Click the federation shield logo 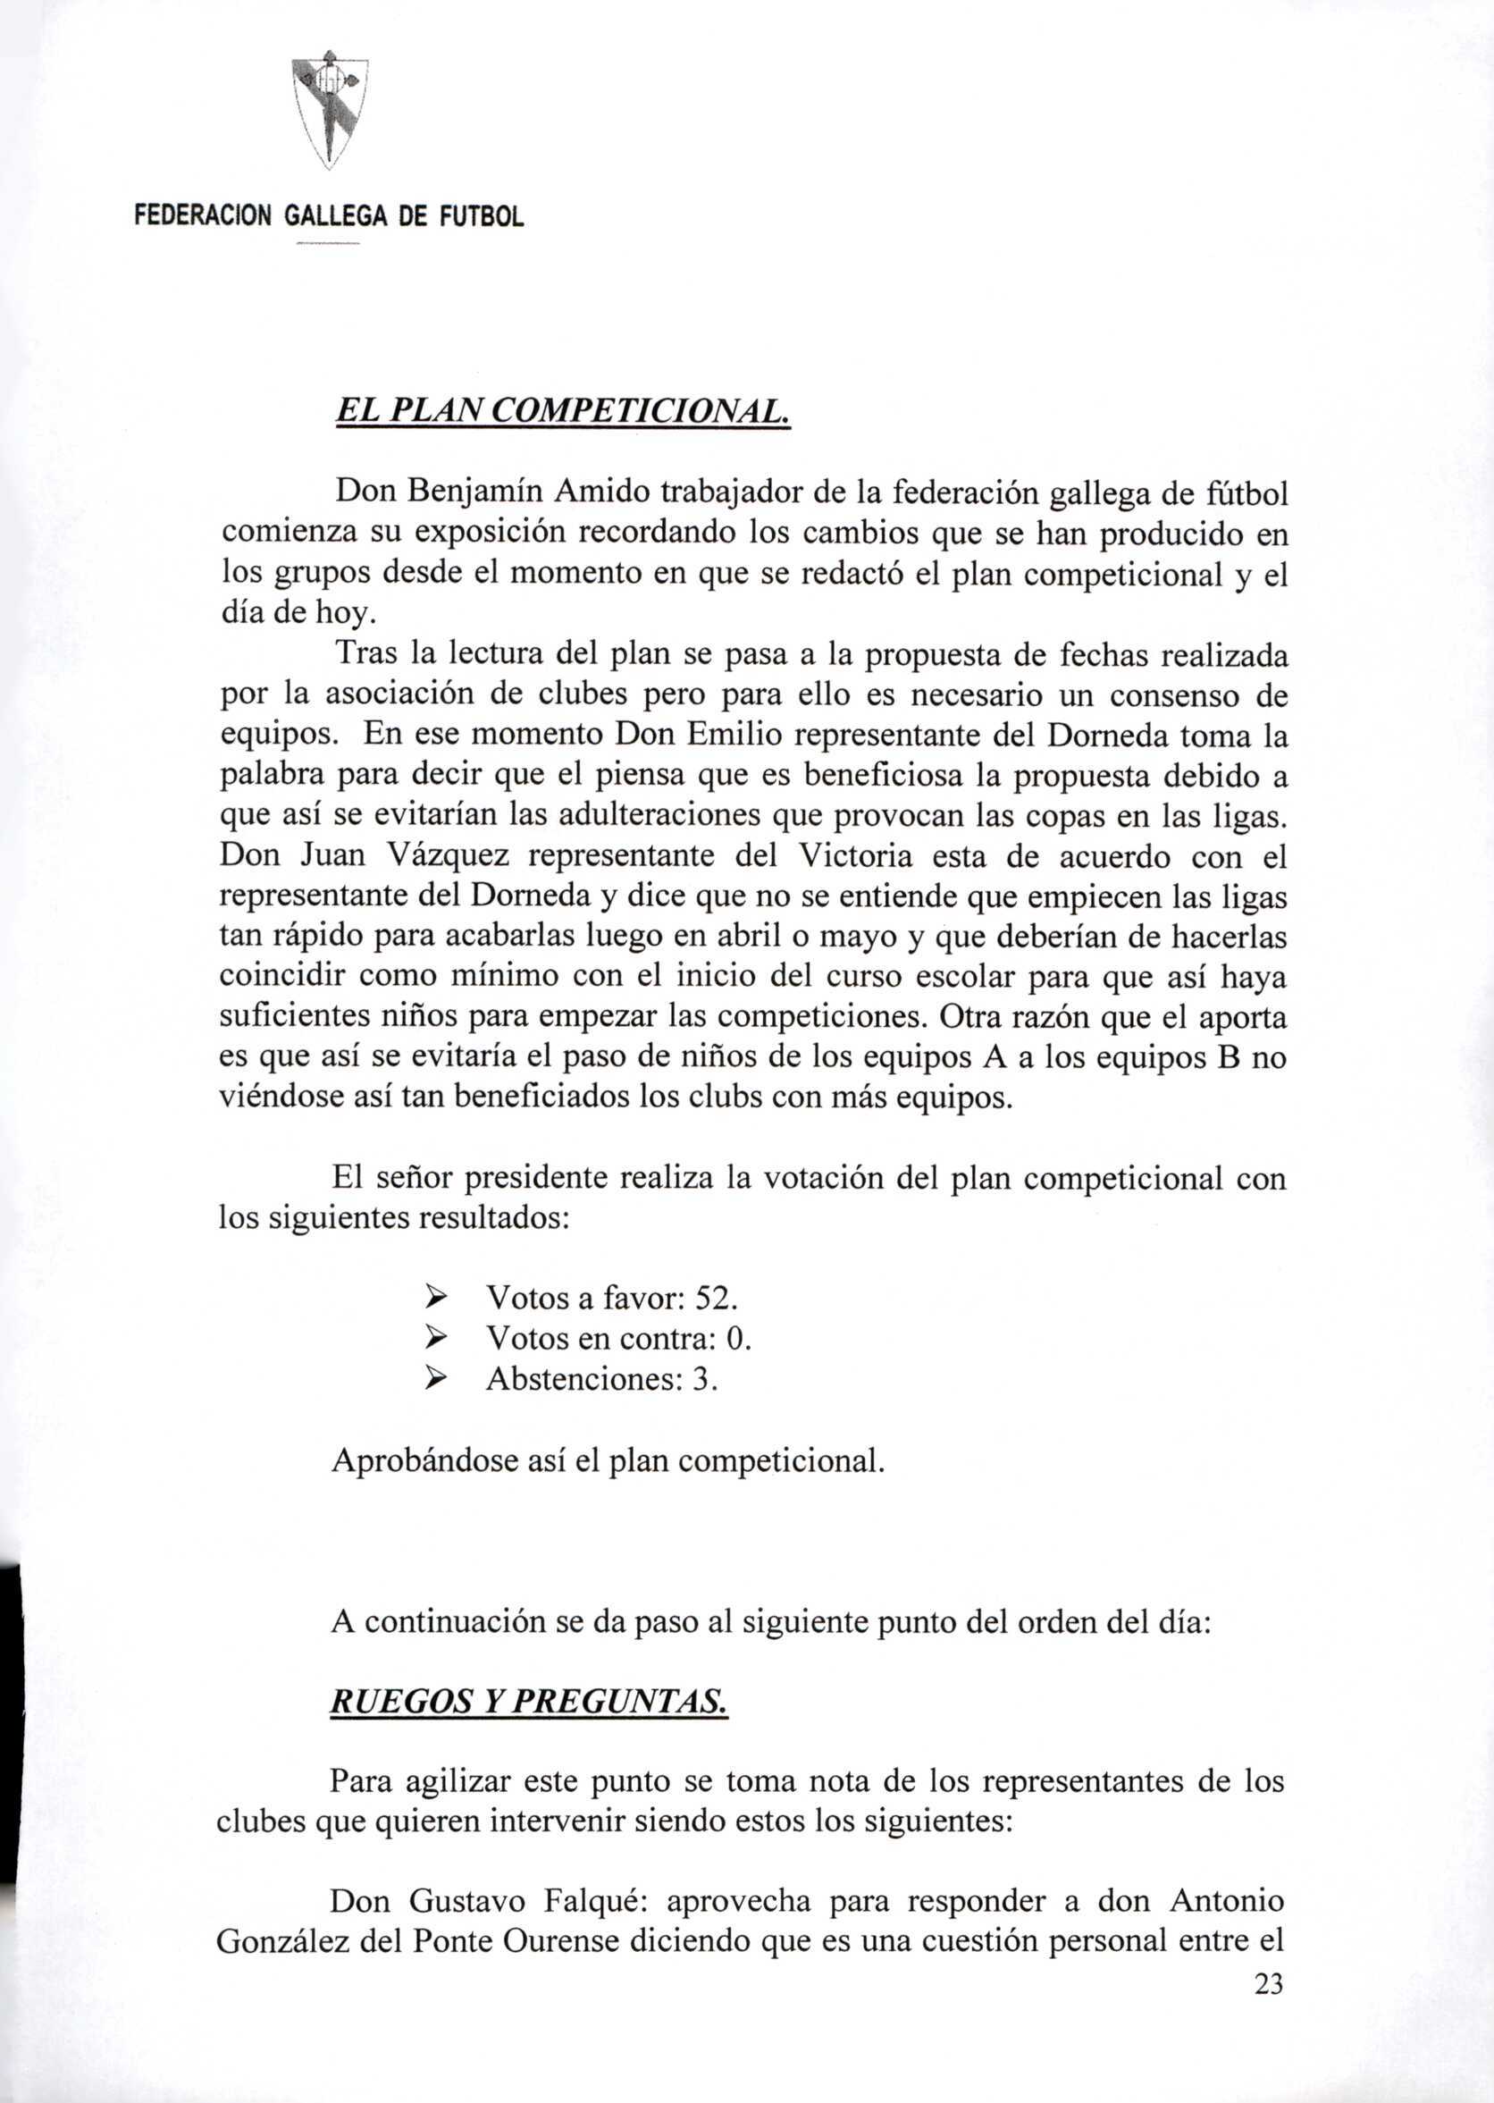pyautogui.click(x=330, y=112)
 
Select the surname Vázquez pyautogui.click(x=443, y=856)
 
